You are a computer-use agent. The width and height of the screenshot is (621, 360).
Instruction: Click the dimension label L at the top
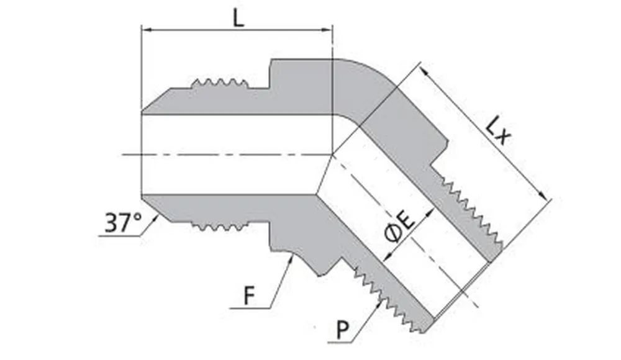[238, 17]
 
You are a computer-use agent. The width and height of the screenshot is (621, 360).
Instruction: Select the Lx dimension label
[499, 131]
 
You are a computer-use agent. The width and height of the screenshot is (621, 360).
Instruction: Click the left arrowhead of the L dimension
[147, 29]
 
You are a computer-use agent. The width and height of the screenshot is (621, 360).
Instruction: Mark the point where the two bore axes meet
[333, 154]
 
